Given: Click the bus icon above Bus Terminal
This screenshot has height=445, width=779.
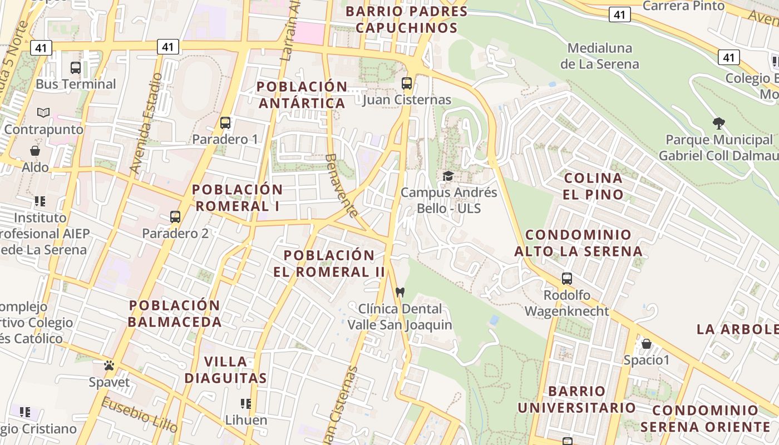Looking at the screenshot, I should click(x=76, y=68).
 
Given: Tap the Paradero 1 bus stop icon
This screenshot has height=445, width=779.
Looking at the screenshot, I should click(x=225, y=122).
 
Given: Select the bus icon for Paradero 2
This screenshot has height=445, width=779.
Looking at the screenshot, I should click(x=175, y=216).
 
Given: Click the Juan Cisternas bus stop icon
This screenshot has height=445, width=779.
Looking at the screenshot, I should click(x=407, y=83).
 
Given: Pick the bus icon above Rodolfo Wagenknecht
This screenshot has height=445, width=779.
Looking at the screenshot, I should click(x=567, y=278).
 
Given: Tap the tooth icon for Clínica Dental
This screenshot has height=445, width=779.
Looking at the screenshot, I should click(x=400, y=292).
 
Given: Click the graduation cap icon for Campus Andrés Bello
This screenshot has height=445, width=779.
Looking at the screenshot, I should click(x=448, y=176).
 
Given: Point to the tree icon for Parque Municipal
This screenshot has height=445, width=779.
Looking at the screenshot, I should click(x=718, y=123).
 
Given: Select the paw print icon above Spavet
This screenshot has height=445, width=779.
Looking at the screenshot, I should click(x=109, y=365).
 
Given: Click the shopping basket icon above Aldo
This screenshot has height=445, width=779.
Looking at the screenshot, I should click(x=35, y=151).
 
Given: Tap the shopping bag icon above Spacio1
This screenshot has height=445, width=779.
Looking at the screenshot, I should click(x=646, y=343).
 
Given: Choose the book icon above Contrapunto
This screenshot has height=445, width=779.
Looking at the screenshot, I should click(x=43, y=112).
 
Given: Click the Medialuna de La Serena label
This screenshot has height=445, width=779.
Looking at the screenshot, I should click(x=600, y=56).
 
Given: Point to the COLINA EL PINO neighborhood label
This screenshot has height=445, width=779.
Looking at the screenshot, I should click(x=593, y=186).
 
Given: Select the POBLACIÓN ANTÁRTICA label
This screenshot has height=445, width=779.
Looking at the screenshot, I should click(x=302, y=95).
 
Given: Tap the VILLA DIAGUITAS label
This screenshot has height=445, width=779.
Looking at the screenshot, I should click(x=225, y=370).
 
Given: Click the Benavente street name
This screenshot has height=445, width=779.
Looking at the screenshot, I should click(x=341, y=185).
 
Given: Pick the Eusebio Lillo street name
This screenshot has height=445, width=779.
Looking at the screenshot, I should click(x=140, y=414).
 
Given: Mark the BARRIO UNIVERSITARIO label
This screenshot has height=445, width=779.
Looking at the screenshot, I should click(x=576, y=399).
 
